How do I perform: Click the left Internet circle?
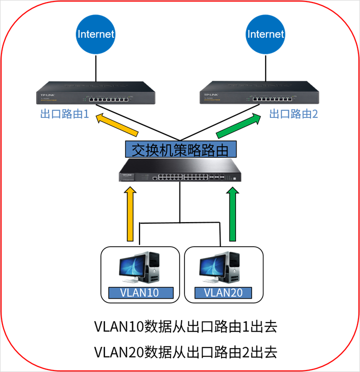click(x=95, y=34)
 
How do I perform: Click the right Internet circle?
click(x=265, y=34)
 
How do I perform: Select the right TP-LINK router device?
click(x=259, y=94)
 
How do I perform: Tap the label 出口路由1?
click(x=64, y=114)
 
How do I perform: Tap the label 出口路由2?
click(x=293, y=114)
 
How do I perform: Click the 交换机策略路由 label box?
click(x=180, y=150)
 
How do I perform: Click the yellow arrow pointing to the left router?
click(x=117, y=125)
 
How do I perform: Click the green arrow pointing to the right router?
click(x=239, y=125)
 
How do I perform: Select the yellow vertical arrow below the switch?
click(x=130, y=214)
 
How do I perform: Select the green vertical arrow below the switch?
click(x=231, y=214)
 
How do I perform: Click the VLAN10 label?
click(x=140, y=293)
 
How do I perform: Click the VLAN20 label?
click(x=223, y=293)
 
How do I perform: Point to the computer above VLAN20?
click(x=220, y=268)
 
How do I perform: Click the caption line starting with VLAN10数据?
click(x=185, y=328)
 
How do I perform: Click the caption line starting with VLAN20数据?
click(x=185, y=352)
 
